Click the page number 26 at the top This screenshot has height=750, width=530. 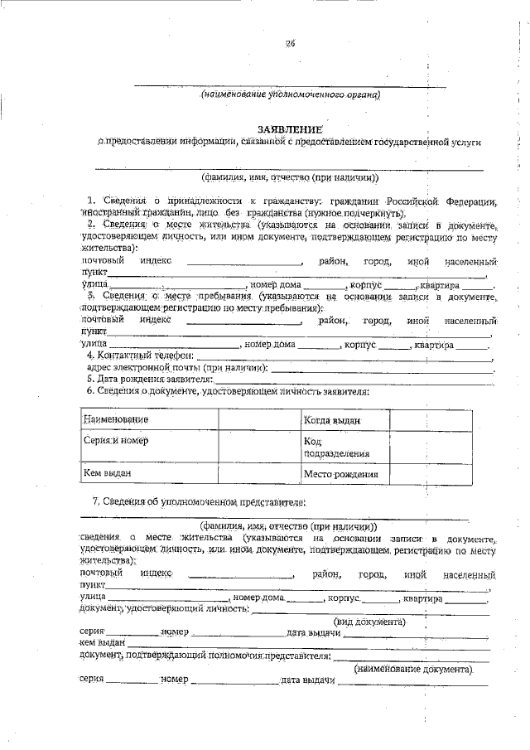tap(290, 44)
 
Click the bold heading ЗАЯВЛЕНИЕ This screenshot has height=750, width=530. tap(289, 129)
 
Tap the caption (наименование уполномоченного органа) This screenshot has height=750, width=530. tap(290, 95)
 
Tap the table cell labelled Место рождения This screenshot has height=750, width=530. tap(340, 475)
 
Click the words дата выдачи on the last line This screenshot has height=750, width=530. tap(307, 680)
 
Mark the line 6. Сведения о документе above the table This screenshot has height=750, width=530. tap(228, 390)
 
